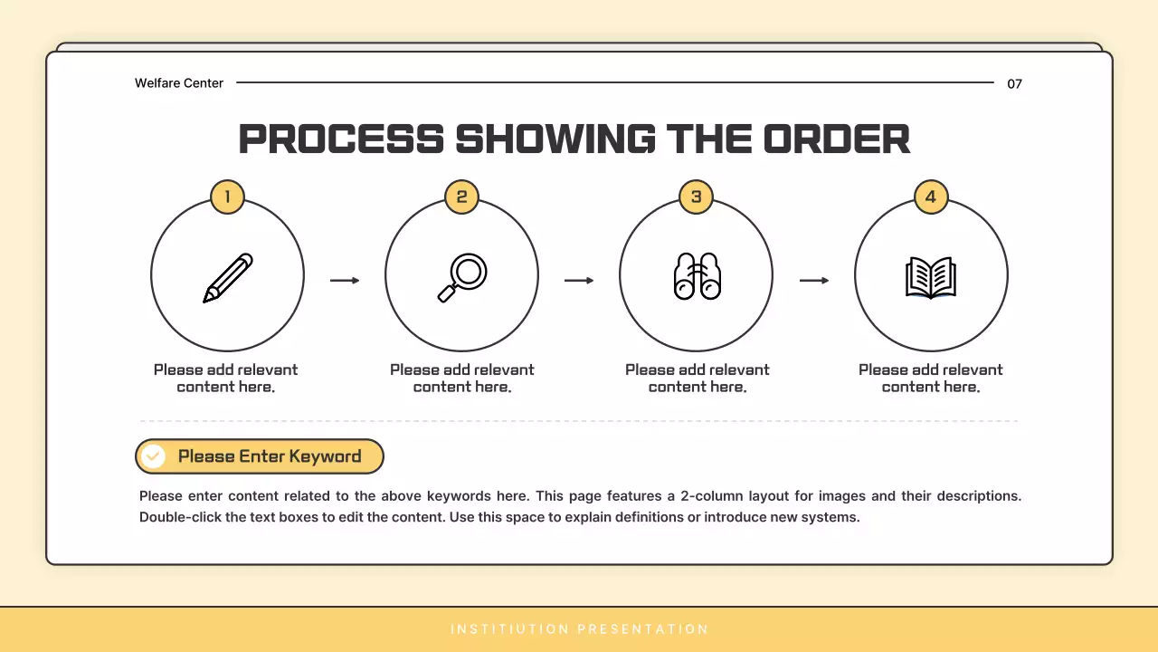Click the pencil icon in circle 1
(x=228, y=278)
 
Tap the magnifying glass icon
(x=462, y=277)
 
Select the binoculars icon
(x=697, y=276)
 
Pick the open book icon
(x=931, y=278)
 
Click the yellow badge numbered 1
(x=227, y=197)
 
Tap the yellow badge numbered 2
(x=461, y=197)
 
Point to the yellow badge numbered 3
(x=697, y=197)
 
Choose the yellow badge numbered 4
(x=931, y=197)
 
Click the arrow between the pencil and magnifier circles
(x=345, y=281)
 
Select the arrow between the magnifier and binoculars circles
(x=579, y=281)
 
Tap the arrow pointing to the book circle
(x=814, y=281)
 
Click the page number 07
(x=1014, y=84)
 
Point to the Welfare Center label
(x=179, y=83)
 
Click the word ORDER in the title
(x=837, y=139)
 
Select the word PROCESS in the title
(x=341, y=139)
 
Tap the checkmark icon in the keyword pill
(x=153, y=456)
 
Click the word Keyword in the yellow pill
(x=325, y=456)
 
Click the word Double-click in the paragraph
(x=180, y=517)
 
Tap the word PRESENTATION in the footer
(x=642, y=629)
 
